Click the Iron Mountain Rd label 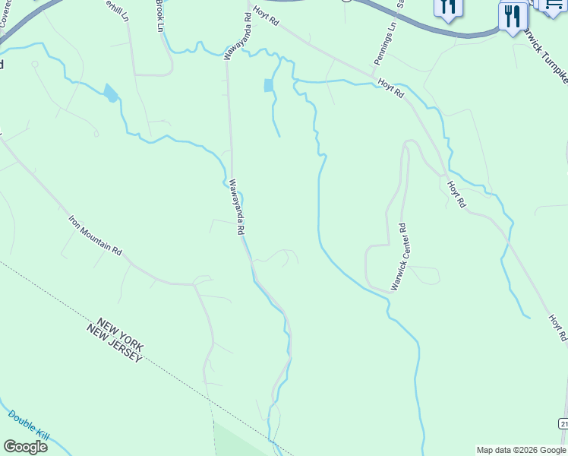(95, 236)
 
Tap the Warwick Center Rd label (399, 256)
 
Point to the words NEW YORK (115, 335)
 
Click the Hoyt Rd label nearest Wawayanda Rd (267, 14)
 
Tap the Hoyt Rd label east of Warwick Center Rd (454, 195)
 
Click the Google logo (26, 447)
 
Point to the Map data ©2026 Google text (522, 450)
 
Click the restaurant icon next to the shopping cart (514, 17)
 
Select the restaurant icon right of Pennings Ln (447, 8)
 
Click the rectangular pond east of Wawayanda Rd (268, 85)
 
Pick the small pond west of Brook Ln (111, 93)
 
